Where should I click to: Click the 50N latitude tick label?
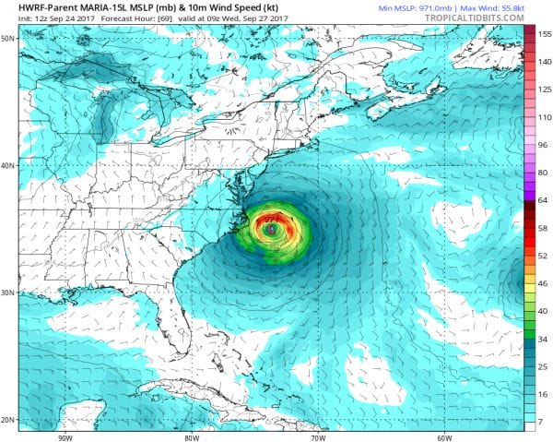click(7, 38)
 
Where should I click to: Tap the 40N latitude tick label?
click(7, 165)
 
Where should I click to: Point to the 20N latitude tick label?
click(7, 421)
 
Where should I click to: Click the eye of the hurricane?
click(272, 228)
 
